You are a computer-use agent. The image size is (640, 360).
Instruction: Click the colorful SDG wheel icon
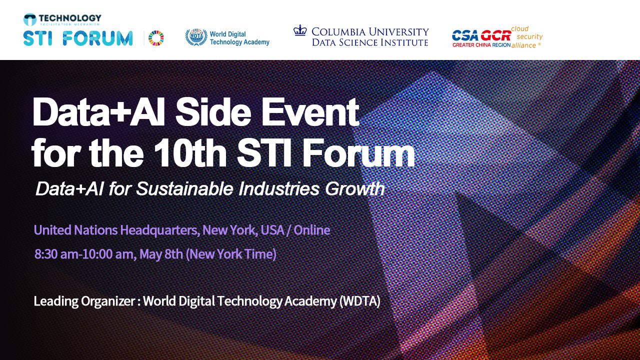pos(156,38)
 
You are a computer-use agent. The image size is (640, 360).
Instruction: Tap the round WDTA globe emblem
pos(196,37)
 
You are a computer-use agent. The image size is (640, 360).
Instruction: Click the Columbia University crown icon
pos(300,30)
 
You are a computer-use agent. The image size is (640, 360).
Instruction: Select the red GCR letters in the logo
pos(496,35)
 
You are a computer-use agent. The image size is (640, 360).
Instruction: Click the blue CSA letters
pos(465,35)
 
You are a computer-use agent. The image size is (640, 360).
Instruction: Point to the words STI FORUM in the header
pos(77,38)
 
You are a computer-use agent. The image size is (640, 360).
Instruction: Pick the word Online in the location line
pos(311,230)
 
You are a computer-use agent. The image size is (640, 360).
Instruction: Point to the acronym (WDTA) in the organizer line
pos(359,301)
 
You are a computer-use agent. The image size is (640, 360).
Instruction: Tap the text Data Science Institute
pos(370,42)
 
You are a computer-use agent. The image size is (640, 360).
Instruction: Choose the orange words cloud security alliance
pos(526,37)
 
